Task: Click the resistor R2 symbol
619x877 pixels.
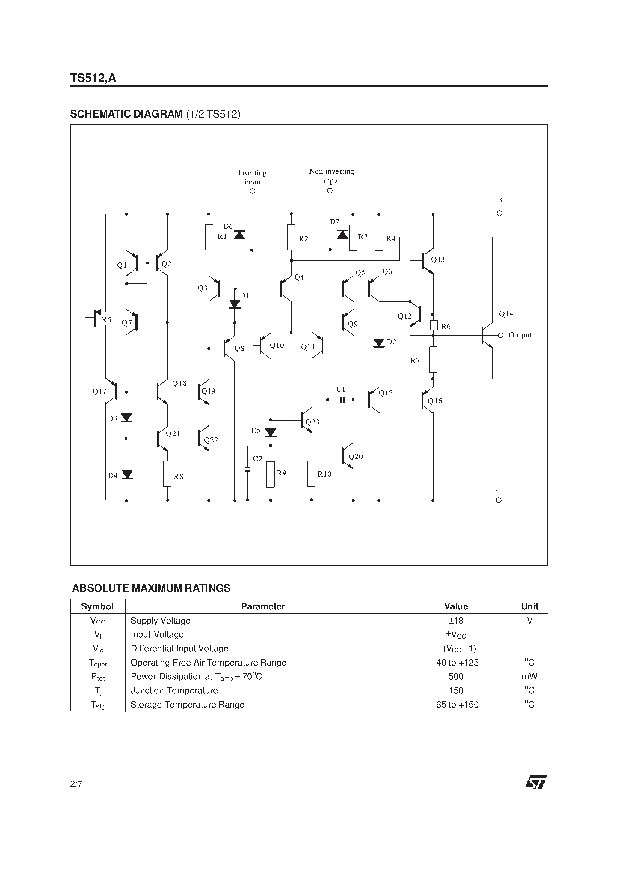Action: (x=291, y=237)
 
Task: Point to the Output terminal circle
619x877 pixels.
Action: (x=500, y=335)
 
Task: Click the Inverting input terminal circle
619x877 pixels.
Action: (x=252, y=191)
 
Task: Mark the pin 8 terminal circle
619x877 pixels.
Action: (x=499, y=213)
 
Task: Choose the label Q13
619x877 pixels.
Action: (x=438, y=259)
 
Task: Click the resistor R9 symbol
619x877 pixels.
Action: (x=271, y=474)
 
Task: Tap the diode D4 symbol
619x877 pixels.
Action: (x=127, y=475)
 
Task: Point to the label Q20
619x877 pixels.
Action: (x=356, y=456)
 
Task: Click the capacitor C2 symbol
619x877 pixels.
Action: (x=247, y=469)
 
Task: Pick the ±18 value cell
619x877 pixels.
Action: (x=456, y=620)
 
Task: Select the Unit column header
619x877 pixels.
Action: (x=529, y=606)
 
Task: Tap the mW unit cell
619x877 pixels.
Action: (x=529, y=676)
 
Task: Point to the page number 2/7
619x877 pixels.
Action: (x=76, y=784)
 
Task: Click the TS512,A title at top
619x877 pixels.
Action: (x=93, y=78)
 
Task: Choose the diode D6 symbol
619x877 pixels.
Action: (x=239, y=235)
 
